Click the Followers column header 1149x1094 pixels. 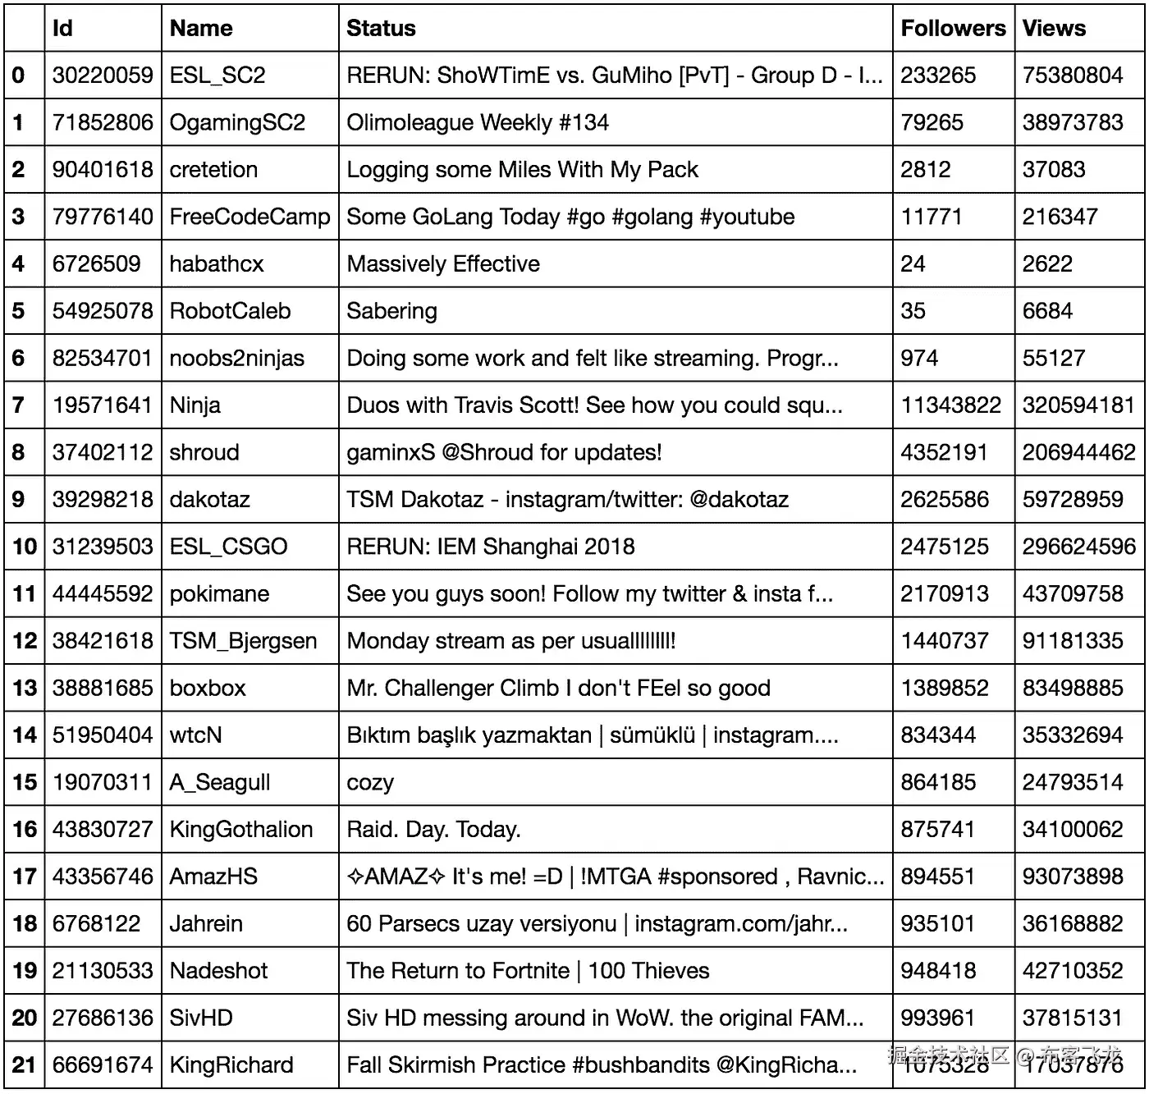[952, 29]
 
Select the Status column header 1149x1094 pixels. [381, 29]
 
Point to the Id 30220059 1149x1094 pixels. [103, 76]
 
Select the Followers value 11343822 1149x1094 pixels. [950, 405]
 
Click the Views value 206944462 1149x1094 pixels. [1078, 452]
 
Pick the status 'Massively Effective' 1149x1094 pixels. [443, 264]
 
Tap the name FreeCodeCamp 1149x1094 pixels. [249, 217]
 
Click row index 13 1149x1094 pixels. [25, 688]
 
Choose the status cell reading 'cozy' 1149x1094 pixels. [370, 782]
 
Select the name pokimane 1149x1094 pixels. [219, 594]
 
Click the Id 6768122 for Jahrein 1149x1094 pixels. [97, 924]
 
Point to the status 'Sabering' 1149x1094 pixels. [391, 311]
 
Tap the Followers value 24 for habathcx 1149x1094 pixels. [913, 264]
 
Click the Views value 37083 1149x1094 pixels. [1053, 170]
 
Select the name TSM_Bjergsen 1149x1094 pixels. [243, 641]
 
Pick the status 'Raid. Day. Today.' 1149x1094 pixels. [433, 830]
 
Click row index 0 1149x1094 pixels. [19, 76]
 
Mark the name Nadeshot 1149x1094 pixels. [218, 971]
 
